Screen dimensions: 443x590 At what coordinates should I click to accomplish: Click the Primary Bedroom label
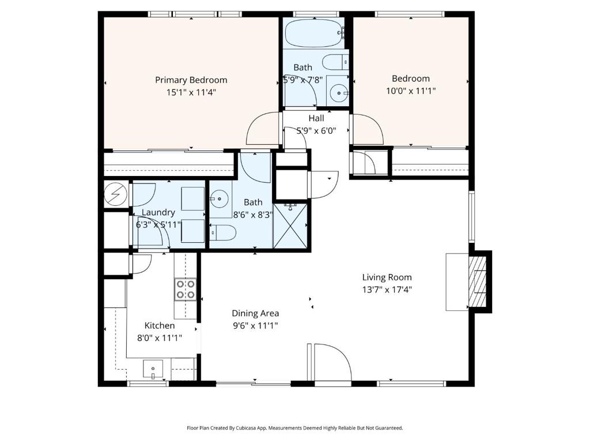tap(191, 80)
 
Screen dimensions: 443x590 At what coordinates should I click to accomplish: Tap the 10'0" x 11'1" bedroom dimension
tap(410, 91)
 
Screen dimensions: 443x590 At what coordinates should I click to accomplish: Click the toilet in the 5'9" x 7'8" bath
tap(334, 61)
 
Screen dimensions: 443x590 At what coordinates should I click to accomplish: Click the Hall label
tap(316, 119)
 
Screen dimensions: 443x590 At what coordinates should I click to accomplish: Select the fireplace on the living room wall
tap(478, 282)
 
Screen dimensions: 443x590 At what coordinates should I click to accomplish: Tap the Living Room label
tap(387, 277)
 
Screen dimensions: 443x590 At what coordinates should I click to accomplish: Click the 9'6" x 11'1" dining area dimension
tap(255, 325)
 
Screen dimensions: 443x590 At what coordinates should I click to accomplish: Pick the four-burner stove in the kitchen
tap(185, 289)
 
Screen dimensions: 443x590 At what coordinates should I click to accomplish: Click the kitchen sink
tap(153, 367)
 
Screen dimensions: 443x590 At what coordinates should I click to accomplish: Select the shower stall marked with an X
tap(291, 226)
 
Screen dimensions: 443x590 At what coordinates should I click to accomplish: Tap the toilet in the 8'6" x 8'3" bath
tap(224, 233)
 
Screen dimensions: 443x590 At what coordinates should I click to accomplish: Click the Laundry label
tap(158, 212)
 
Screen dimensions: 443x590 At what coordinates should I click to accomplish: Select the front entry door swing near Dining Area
tap(331, 363)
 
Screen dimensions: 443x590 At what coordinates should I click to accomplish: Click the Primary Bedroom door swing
tap(263, 129)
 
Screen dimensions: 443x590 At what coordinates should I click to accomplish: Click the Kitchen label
tap(159, 326)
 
